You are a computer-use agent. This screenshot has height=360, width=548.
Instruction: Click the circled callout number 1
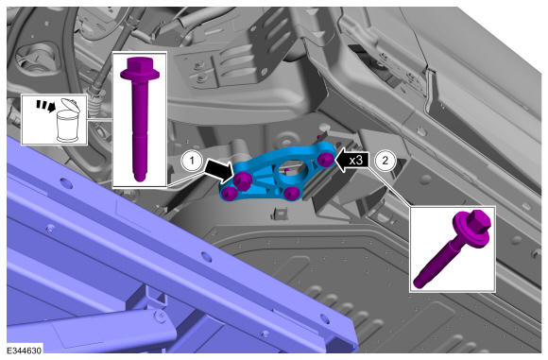click(192, 162)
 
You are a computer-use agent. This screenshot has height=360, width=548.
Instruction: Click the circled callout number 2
click(385, 162)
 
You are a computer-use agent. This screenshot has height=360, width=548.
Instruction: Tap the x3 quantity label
click(356, 161)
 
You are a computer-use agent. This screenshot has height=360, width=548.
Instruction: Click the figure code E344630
click(25, 351)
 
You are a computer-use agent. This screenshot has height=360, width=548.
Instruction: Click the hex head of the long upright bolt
click(140, 63)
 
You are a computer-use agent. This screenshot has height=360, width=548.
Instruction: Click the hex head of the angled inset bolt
click(478, 219)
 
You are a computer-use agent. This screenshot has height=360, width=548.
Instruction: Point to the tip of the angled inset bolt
click(418, 283)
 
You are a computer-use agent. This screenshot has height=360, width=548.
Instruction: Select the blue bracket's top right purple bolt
click(325, 160)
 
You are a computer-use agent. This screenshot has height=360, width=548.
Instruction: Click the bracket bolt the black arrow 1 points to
click(242, 180)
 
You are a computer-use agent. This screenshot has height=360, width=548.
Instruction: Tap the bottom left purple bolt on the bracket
click(230, 194)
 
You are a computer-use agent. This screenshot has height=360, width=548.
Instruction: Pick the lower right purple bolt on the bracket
click(291, 193)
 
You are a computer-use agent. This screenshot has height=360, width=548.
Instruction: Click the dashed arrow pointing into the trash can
click(45, 106)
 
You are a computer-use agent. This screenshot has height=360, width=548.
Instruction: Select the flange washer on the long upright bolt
click(140, 74)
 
